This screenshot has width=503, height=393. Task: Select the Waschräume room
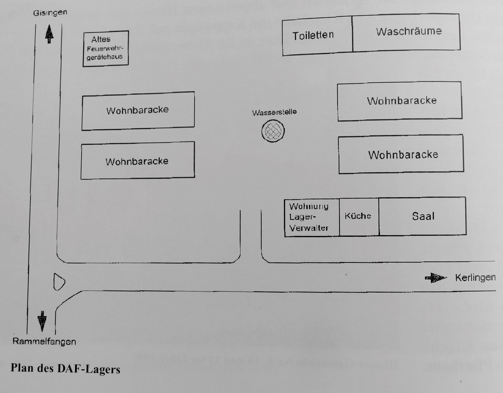pos(406,32)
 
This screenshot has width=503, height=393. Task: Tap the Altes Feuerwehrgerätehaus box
pos(105,48)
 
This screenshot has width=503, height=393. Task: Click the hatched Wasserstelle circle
pos(273,131)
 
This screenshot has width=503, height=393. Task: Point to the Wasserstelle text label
pos(274,113)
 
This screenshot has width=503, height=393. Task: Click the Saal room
pos(423,216)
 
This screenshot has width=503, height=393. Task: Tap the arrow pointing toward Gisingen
pos(49,33)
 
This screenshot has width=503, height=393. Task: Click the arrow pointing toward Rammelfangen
pos(42,321)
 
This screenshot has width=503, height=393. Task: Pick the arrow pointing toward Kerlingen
pos(436,277)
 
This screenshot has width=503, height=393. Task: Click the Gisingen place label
pos(50,13)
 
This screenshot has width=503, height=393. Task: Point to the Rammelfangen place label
pos(44,341)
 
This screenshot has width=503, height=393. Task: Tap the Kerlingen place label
pos(475,277)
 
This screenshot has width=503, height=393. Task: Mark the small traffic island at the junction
pos(59,281)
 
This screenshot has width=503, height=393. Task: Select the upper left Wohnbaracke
pos(138,110)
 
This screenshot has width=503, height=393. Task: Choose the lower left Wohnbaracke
pos(137,161)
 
